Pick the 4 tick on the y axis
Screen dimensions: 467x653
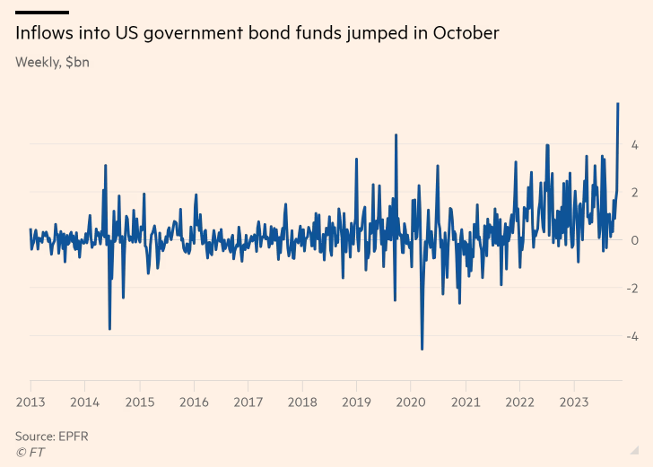point(634,144)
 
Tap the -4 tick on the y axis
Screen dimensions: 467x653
point(631,336)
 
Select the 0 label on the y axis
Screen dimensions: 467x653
point(634,240)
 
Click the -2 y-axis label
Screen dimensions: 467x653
point(631,289)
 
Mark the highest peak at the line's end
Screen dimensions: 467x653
point(618,104)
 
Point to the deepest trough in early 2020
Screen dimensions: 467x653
point(422,349)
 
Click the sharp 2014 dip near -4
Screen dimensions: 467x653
point(109,329)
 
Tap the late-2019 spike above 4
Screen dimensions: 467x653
point(396,135)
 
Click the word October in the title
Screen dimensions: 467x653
point(466,34)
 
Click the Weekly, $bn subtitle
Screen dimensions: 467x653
point(52,63)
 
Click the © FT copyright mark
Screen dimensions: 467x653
point(30,452)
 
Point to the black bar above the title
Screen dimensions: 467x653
point(42,12)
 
